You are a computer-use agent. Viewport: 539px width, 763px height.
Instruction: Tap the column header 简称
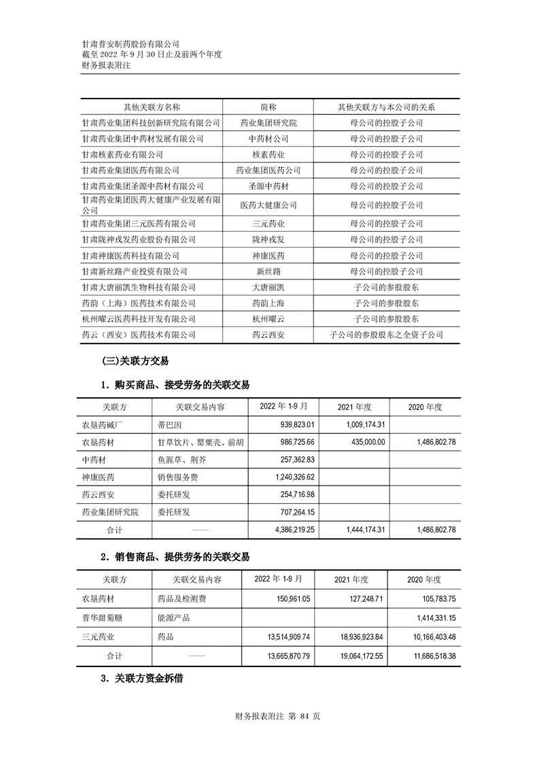pyautogui.click(x=268, y=107)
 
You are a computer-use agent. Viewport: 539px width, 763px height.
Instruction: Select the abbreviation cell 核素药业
pyautogui.click(x=268, y=154)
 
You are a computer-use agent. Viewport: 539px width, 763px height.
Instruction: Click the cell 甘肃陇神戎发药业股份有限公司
pyautogui.click(x=139, y=239)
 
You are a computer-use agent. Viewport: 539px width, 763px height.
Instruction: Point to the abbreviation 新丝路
pyautogui.click(x=268, y=271)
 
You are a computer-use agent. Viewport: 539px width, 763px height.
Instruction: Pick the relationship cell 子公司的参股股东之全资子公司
pyautogui.click(x=386, y=335)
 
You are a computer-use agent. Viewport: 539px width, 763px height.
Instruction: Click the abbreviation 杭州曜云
pyautogui.click(x=268, y=318)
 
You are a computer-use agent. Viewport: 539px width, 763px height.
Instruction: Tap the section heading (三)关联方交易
pyautogui.click(x=135, y=361)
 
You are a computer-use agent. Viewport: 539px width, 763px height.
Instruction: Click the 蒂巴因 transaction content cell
pyautogui.click(x=167, y=424)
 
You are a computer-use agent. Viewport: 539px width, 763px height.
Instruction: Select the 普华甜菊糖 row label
pyautogui.click(x=105, y=618)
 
